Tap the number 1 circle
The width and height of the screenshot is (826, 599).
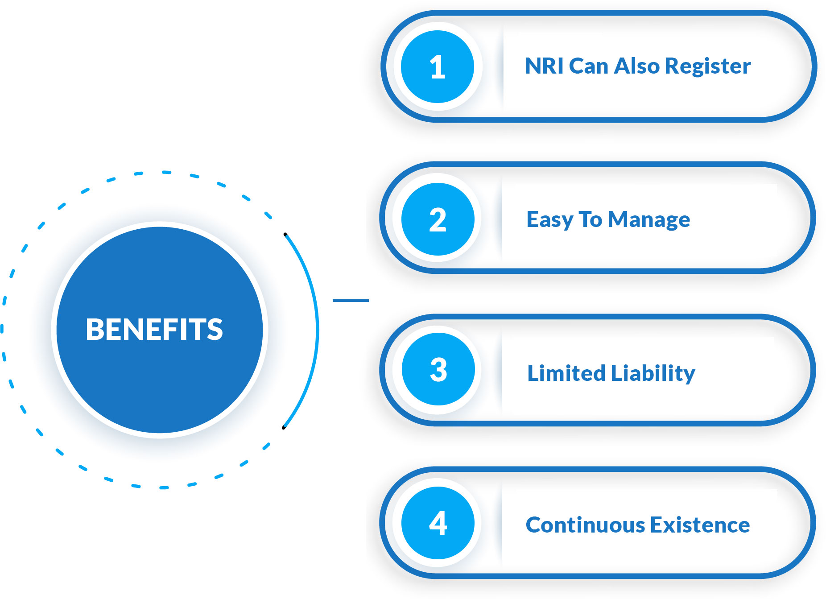(x=438, y=67)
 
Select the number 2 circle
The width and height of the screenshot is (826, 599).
(x=438, y=219)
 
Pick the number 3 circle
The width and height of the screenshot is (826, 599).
(x=438, y=369)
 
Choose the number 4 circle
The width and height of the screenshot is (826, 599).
(x=438, y=523)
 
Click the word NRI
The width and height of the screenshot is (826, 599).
(x=545, y=66)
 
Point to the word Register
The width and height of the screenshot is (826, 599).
(x=708, y=67)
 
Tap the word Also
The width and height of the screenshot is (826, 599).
(x=637, y=66)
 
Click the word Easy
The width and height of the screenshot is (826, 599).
(x=550, y=220)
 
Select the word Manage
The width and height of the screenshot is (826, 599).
(x=649, y=220)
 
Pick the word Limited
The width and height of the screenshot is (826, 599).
(x=566, y=373)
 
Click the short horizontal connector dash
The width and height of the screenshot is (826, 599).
(x=351, y=301)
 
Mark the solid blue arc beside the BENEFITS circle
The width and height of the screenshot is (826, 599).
(x=318, y=330)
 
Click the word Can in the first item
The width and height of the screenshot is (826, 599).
(x=589, y=66)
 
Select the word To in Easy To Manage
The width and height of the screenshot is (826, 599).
(x=590, y=219)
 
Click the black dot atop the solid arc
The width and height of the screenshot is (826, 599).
(x=285, y=234)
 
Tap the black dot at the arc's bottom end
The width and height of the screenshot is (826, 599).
(x=284, y=428)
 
